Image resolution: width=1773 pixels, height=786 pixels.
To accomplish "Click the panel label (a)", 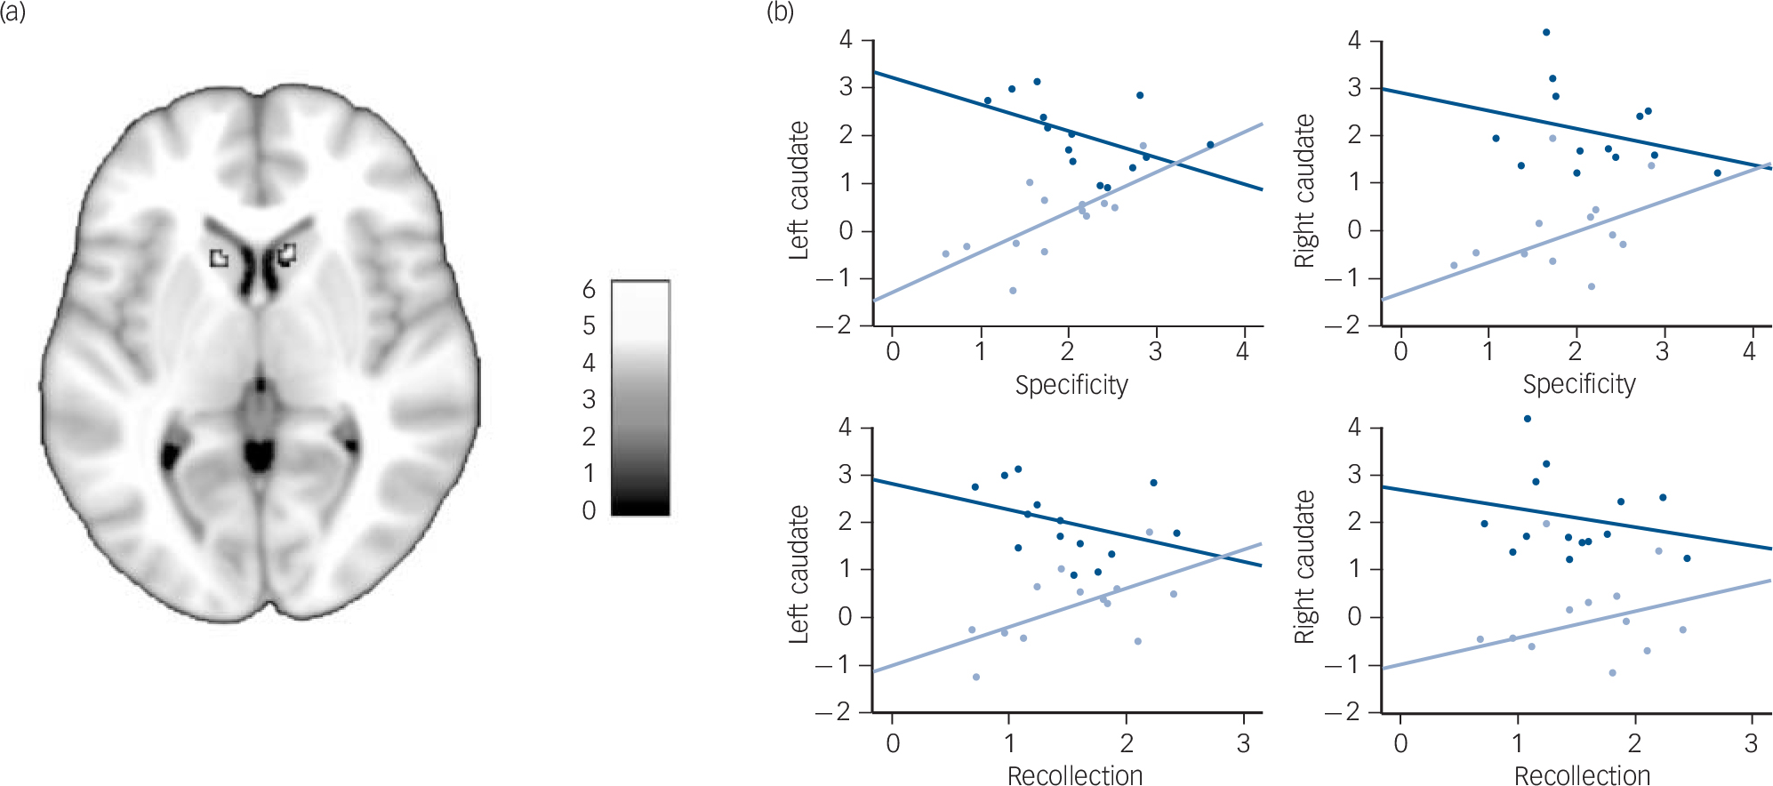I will point(13,13).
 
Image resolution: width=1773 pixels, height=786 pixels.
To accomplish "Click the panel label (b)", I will point(779,12).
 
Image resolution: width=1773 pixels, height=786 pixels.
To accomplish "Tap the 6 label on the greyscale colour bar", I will point(589,289).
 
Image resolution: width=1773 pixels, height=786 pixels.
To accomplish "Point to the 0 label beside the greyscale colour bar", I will point(589,510).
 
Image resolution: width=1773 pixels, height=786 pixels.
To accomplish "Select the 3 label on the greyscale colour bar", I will point(589,400).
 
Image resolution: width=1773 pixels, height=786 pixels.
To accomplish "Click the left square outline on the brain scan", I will point(219,258).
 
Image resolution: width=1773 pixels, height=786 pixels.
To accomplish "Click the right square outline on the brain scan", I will point(286,254).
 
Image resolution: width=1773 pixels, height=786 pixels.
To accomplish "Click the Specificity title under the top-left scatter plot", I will point(1071,385).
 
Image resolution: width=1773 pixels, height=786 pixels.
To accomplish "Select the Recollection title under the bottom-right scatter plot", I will point(1582,775).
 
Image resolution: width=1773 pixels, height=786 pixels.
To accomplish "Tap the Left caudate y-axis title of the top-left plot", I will point(798,190).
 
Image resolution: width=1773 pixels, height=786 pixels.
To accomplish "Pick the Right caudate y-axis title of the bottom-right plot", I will point(1304,567).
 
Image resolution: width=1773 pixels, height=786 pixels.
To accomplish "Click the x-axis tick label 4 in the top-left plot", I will point(1242,352).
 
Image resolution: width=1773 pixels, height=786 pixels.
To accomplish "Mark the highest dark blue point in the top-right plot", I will point(1546,32).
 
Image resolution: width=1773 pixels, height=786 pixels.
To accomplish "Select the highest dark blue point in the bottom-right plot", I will point(1528,419).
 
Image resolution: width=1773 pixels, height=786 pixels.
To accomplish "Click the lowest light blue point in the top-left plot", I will point(1013,291).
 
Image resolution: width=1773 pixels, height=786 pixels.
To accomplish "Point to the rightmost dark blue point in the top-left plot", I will point(1210,145).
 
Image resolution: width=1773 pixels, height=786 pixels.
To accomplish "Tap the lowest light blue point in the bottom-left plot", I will point(976,678).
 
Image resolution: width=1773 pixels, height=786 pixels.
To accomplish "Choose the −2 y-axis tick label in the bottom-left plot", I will point(833,712).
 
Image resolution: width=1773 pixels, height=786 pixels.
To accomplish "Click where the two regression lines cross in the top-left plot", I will point(1176,163).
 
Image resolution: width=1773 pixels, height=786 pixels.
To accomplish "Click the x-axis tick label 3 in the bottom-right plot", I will point(1751,743).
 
